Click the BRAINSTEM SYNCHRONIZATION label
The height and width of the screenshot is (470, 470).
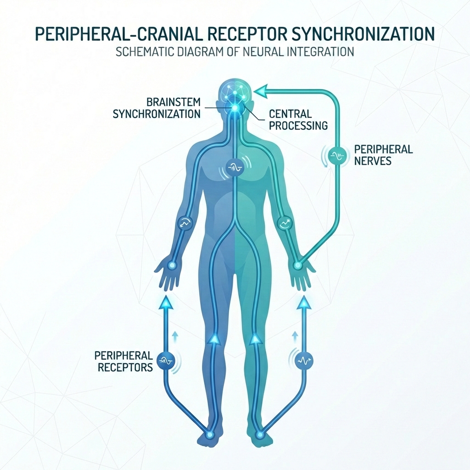pyautogui.click(x=157, y=107)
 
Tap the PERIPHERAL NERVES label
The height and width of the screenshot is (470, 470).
pyautogui.click(x=383, y=155)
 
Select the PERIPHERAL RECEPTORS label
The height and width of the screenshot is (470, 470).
pyautogui.click(x=123, y=361)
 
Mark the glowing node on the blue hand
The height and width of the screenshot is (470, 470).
pyautogui.click(x=172, y=265)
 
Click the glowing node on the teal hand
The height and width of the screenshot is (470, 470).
pyautogui.click(x=297, y=265)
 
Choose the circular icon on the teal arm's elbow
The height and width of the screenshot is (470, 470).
pyautogui.click(x=284, y=224)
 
